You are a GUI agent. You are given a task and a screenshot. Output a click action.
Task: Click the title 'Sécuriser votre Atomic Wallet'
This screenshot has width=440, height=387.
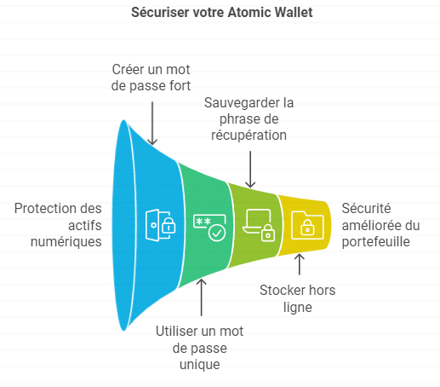coord(222,13)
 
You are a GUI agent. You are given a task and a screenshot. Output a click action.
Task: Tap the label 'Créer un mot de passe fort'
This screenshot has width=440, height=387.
coord(151,78)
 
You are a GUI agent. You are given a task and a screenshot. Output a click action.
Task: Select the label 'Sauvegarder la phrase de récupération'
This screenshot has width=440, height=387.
coord(249,118)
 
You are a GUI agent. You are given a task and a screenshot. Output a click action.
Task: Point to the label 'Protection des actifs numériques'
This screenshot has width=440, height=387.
coord(58,225)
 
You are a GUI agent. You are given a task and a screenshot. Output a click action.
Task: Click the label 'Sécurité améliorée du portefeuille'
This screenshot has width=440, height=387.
coord(380,225)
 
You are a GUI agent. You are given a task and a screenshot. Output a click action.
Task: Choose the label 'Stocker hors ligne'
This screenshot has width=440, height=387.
coord(298,298)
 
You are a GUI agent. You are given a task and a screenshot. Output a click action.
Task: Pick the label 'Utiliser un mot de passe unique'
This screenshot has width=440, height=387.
coord(200,348)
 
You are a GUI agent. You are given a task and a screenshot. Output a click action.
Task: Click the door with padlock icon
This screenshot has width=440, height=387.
coord(160,225)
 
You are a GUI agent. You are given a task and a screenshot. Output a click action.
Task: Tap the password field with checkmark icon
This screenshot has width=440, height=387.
coord(209,228)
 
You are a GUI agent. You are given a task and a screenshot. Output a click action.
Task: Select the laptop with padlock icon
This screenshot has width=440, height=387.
coord(259,225)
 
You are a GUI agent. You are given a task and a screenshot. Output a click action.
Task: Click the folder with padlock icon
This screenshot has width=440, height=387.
coord(307,225)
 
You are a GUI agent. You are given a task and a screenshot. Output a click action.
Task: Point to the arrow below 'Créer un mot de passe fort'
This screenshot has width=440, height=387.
coord(152,124)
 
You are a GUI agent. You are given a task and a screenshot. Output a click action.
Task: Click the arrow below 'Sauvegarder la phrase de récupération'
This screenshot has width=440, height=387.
coord(250,170)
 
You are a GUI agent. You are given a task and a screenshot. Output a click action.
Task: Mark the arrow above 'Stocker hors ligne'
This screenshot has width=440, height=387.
coord(300,264)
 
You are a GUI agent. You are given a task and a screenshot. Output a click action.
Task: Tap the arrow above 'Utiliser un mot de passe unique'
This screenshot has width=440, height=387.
coord(202,297)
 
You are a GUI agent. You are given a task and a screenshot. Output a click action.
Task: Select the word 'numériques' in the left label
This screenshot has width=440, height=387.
coord(66,242)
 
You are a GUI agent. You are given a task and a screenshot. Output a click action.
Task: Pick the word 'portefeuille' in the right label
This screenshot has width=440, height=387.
coord(375,242)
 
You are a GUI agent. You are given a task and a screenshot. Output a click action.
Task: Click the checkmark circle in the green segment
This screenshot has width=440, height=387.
coord(217,233)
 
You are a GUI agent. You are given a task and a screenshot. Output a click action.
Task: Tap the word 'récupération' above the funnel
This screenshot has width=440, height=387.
coord(249,136)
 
